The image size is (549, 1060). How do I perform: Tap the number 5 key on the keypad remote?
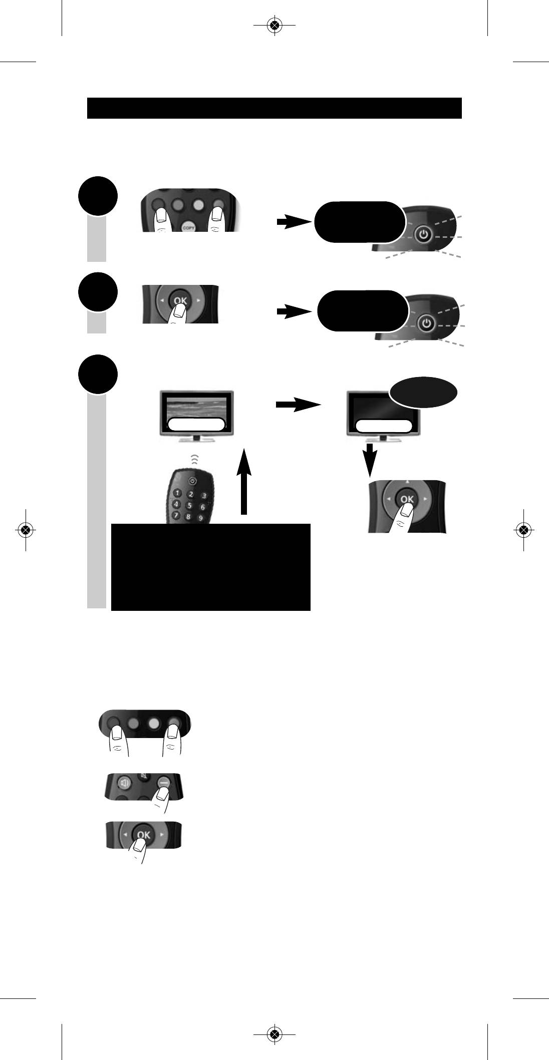tap(189, 506)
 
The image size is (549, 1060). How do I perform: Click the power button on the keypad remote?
tap(193, 481)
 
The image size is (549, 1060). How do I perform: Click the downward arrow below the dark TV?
tap(370, 459)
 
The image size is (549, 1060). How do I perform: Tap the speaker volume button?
tap(124, 782)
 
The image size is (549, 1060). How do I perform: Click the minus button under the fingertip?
tap(163, 782)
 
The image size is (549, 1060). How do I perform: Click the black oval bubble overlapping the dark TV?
tap(423, 392)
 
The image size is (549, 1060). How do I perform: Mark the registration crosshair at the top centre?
tap(273, 26)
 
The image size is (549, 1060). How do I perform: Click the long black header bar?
tap(274, 108)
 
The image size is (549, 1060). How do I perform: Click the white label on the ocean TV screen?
tap(196, 425)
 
